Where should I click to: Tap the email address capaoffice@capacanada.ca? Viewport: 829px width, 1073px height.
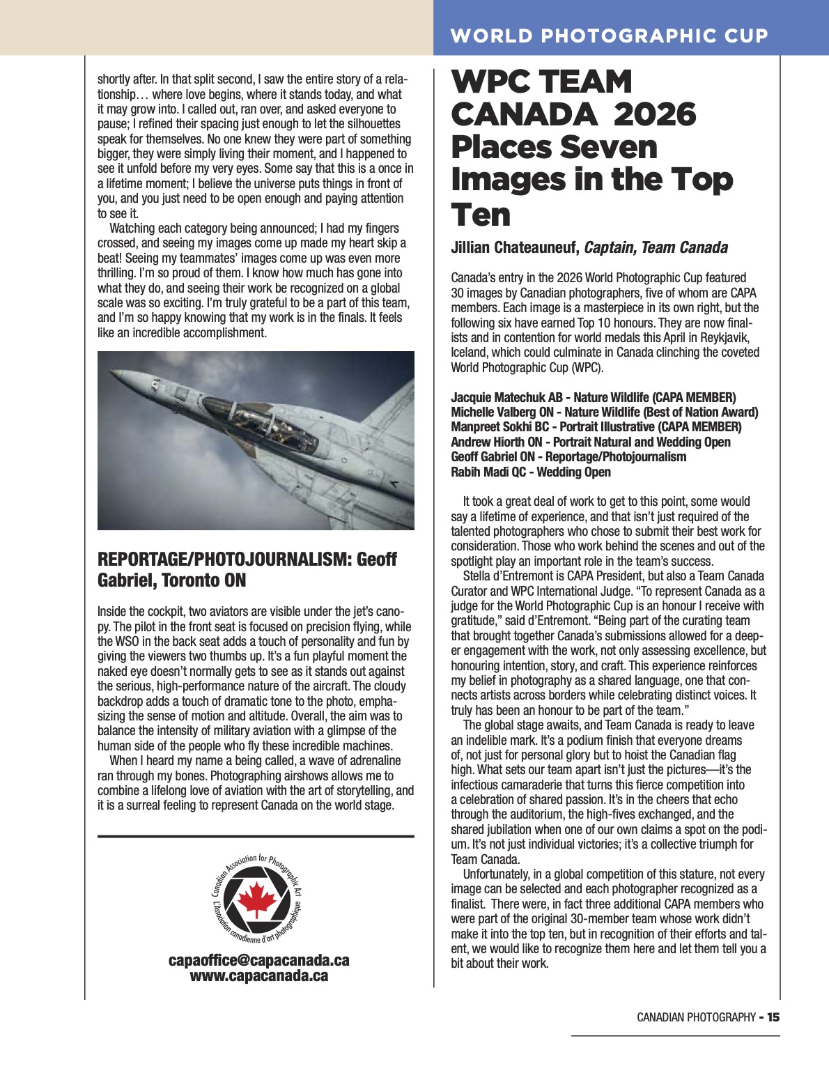click(258, 960)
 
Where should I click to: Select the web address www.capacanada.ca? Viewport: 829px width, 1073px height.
click(258, 975)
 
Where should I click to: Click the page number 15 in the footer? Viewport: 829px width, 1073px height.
click(773, 1017)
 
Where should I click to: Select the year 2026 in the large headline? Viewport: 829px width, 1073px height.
click(654, 114)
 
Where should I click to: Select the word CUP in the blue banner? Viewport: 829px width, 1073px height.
click(745, 36)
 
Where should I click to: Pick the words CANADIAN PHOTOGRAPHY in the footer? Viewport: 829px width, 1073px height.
click(696, 1017)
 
